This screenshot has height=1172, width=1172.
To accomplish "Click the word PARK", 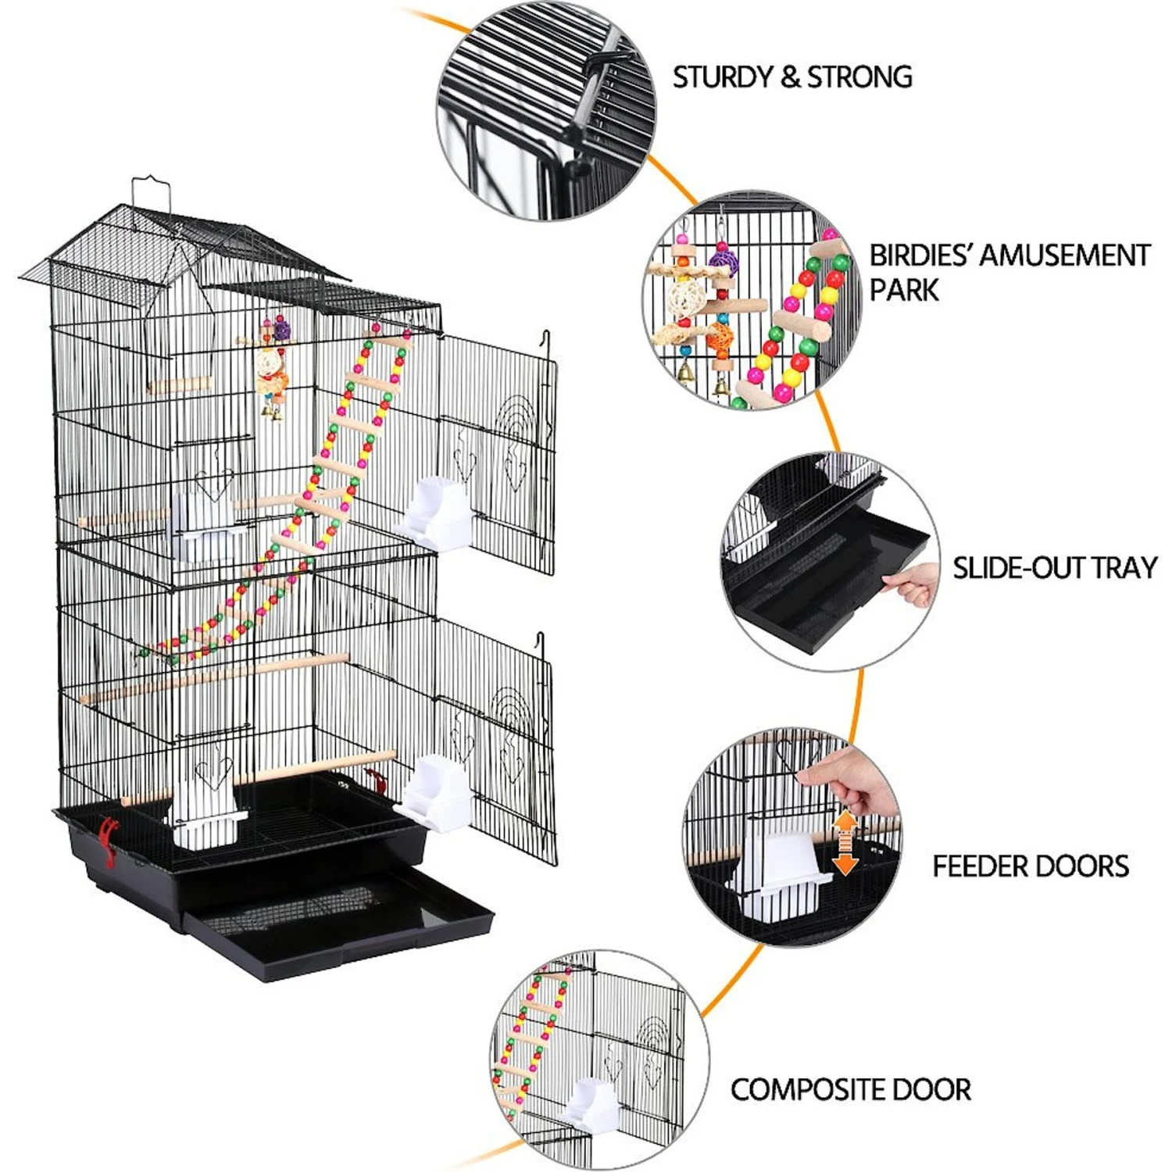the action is pos(904,290).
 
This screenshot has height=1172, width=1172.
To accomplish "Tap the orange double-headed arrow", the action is pos(845,842).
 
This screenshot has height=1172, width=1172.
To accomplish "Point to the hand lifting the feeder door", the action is pos(852,777).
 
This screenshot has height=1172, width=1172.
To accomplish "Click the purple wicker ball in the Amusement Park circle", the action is pos(723,259).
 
